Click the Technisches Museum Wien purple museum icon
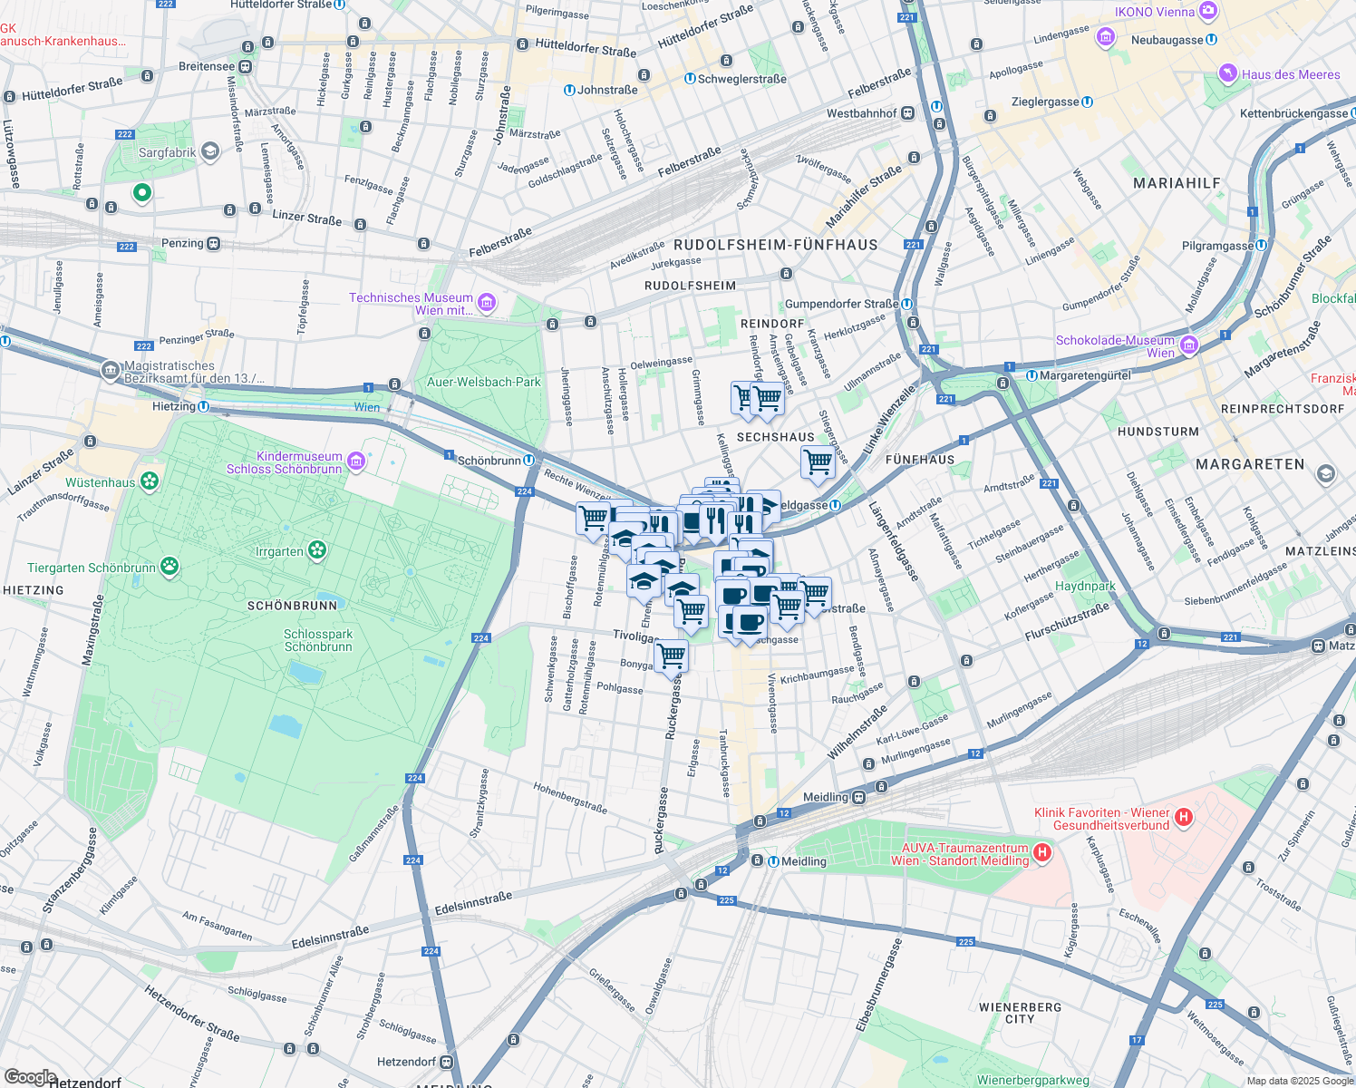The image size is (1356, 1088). tap(487, 303)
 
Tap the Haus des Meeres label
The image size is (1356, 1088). tap(1290, 74)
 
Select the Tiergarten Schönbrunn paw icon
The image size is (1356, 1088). tap(169, 567)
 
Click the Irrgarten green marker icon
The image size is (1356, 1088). tap(316, 550)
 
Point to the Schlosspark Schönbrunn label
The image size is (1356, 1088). tap(317, 640)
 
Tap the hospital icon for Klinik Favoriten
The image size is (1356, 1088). tap(1183, 818)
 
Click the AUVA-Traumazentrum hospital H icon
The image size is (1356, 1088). tap(1042, 852)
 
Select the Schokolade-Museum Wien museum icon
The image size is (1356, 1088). tap(1189, 345)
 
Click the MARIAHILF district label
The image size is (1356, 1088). tap(1177, 183)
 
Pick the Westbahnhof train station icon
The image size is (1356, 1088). tap(908, 113)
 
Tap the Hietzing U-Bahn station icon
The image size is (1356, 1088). tap(204, 406)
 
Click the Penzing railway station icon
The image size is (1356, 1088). tap(214, 243)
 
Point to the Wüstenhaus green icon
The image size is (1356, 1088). tap(150, 481)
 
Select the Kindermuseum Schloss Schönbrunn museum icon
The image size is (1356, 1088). tap(356, 462)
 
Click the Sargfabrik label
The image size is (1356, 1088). tap(167, 152)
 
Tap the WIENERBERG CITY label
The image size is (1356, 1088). tap(1020, 1013)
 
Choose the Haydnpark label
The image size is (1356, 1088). tap(1085, 586)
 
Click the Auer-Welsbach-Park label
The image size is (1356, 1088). tap(483, 382)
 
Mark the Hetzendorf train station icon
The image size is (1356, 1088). tap(446, 1062)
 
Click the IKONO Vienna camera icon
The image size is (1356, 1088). tap(1207, 11)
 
